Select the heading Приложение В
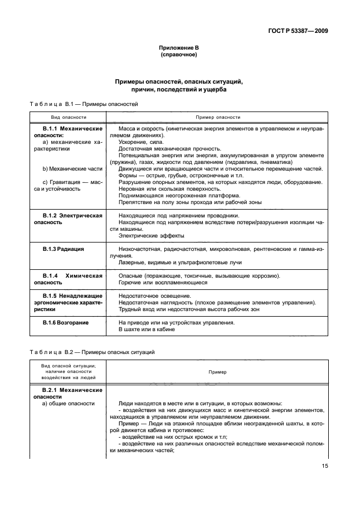coord(179,49)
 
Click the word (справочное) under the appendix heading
coord(179,56)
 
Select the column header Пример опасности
coord(217,118)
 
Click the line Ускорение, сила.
coord(140,142)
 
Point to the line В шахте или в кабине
coord(147,329)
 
